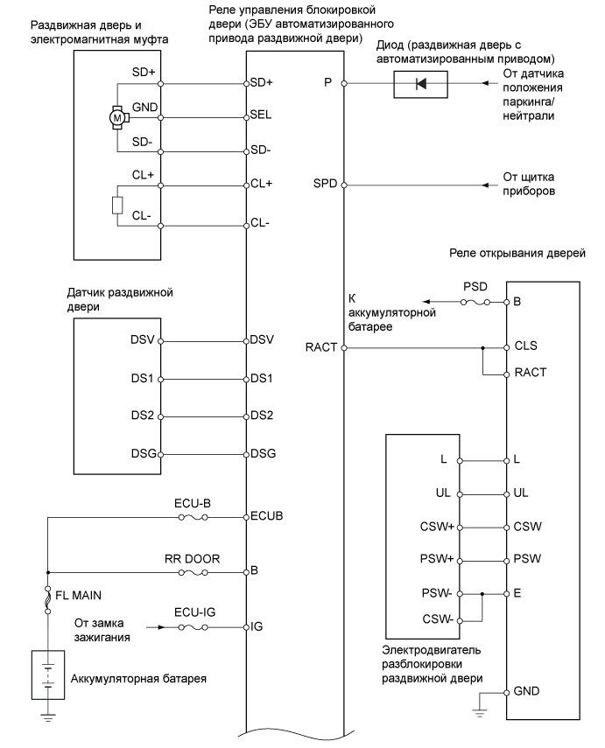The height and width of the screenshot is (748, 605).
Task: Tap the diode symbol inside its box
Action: click(422, 85)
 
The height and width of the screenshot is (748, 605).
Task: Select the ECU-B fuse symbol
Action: click(193, 517)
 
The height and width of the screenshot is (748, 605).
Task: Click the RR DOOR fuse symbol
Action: click(192, 572)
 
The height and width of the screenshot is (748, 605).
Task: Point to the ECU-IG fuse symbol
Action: click(192, 627)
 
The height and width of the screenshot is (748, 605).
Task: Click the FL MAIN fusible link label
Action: click(81, 594)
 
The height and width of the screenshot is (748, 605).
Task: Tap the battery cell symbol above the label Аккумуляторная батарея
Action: click(48, 674)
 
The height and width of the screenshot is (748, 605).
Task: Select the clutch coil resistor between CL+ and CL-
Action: click(115, 206)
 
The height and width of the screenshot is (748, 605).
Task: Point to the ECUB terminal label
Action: click(265, 517)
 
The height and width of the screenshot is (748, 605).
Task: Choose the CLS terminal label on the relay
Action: click(525, 347)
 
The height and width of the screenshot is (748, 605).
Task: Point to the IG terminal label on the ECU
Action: click(257, 627)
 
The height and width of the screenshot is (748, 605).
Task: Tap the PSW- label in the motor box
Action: click(434, 593)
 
